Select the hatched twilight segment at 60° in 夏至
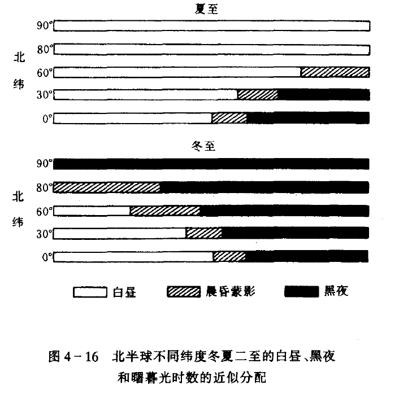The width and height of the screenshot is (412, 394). [335, 72]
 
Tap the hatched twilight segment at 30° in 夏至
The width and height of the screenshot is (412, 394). [258, 94]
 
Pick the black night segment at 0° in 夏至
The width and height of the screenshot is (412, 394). [308, 117]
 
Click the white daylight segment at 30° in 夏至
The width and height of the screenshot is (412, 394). [145, 94]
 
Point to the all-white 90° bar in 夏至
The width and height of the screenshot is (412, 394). [211, 26]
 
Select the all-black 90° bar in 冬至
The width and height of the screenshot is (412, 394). [211, 164]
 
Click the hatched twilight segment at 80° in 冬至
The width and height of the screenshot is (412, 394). [107, 187]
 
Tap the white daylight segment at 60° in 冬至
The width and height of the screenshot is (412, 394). [92, 211]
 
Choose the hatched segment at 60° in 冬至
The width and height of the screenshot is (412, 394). [165, 211]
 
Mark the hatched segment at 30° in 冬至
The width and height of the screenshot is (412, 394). [203, 233]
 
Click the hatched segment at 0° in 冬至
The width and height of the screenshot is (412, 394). [229, 256]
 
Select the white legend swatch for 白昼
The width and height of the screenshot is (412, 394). [90, 292]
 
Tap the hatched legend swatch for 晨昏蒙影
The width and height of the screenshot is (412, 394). [184, 292]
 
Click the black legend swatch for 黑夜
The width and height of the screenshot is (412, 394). [302, 292]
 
